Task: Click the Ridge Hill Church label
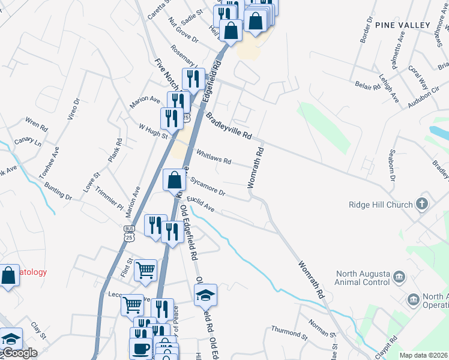click(x=381, y=205)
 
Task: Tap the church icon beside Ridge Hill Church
click(x=422, y=204)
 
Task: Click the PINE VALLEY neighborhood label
click(x=403, y=25)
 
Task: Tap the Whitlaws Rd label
click(x=213, y=157)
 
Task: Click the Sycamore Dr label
click(x=208, y=187)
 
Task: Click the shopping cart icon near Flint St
click(x=145, y=271)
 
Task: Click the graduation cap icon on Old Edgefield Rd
click(x=205, y=295)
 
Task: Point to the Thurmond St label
click(x=289, y=330)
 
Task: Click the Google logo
click(x=19, y=353)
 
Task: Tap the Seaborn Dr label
click(x=392, y=166)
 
